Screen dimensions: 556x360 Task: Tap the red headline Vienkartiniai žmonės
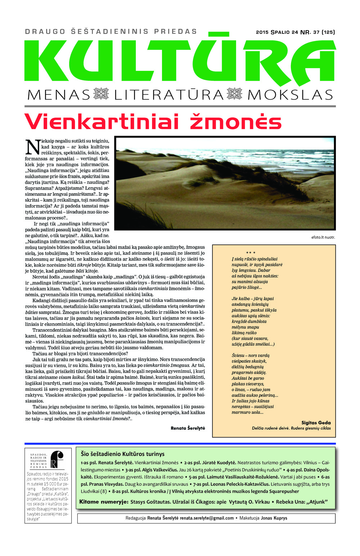153,121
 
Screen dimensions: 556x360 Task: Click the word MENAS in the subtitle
58,95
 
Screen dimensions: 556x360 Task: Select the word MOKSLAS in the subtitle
290,95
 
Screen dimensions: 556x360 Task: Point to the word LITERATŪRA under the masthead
169,95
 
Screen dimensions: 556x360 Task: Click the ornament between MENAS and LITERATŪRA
101,94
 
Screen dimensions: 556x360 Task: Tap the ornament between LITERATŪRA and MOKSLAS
235,94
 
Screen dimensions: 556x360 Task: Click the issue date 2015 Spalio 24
277,32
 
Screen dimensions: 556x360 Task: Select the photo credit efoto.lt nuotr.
323,237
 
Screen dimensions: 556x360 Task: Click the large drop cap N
33,147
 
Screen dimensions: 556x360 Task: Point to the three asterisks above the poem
251,253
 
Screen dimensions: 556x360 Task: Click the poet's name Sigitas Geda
316,423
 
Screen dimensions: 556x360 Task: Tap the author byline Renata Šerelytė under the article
188,428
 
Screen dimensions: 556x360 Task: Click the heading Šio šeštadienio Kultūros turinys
122,454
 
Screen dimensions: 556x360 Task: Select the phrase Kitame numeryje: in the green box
104,502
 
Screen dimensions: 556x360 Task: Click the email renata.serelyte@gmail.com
207,518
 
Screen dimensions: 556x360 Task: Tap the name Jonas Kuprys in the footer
274,518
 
